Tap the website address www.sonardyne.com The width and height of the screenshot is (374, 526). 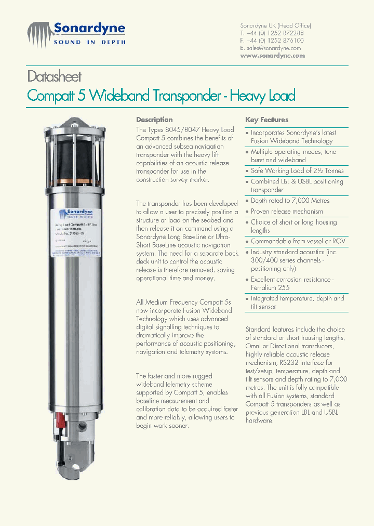(x=272, y=56)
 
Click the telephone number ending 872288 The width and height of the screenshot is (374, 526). (x=276, y=33)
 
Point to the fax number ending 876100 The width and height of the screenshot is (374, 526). (x=276, y=41)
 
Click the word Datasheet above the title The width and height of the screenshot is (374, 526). (x=54, y=77)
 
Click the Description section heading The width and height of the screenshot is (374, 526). (x=154, y=120)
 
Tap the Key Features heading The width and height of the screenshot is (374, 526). (x=266, y=120)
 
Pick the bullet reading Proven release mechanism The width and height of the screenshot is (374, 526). (x=287, y=212)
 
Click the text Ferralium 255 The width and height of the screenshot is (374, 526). (x=270, y=287)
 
